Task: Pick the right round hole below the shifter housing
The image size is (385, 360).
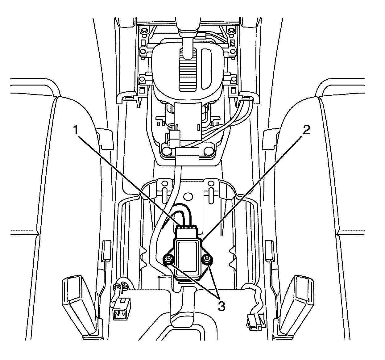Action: (209, 150)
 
